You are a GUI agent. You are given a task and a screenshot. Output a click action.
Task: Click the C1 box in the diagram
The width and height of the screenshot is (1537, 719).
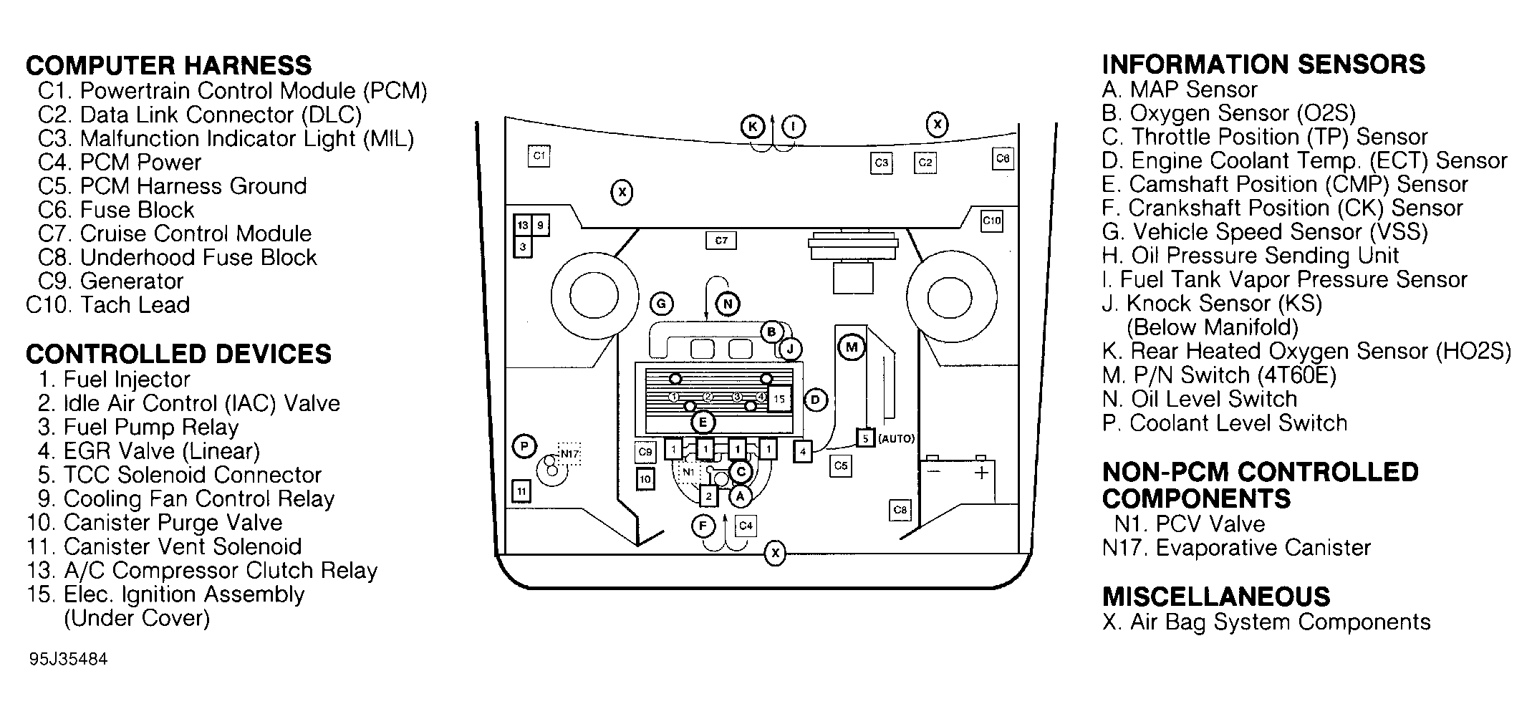click(539, 155)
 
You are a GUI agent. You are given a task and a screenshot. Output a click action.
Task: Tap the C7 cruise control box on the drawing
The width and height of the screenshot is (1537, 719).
click(721, 241)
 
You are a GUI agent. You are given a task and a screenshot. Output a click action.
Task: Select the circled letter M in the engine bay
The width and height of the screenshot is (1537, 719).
click(851, 348)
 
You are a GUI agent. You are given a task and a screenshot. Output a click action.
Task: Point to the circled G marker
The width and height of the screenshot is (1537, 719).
click(660, 304)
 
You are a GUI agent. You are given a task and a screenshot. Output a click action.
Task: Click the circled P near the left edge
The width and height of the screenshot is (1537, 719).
click(524, 447)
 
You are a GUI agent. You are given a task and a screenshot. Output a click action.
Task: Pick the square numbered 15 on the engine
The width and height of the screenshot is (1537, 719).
click(779, 399)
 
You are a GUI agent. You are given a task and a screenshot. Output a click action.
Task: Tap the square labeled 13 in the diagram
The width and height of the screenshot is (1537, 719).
click(523, 226)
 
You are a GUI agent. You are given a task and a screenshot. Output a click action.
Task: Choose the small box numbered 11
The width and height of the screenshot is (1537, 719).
click(521, 491)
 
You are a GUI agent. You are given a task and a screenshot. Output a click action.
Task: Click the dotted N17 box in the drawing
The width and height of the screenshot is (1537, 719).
click(569, 454)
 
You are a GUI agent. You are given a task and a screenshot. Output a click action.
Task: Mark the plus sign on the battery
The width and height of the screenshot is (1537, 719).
click(980, 473)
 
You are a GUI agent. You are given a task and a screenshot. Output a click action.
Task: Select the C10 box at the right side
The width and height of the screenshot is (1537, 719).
click(991, 221)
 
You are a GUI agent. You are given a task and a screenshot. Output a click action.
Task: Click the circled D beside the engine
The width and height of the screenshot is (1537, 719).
click(815, 400)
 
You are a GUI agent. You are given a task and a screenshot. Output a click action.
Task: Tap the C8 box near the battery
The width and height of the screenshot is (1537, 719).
click(900, 510)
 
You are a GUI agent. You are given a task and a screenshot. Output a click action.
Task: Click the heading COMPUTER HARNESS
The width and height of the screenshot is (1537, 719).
click(169, 66)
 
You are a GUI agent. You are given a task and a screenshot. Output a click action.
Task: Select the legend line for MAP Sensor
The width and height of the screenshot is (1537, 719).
click(1180, 90)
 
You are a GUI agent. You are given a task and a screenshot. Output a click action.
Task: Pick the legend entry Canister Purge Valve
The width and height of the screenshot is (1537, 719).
click(155, 523)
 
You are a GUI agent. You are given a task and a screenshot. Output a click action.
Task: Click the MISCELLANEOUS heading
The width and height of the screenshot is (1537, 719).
click(1215, 597)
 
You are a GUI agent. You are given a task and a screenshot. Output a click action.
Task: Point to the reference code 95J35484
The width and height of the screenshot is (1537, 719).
click(69, 659)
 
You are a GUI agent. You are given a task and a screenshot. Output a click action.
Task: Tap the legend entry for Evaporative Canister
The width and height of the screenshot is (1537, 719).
click(1236, 548)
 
